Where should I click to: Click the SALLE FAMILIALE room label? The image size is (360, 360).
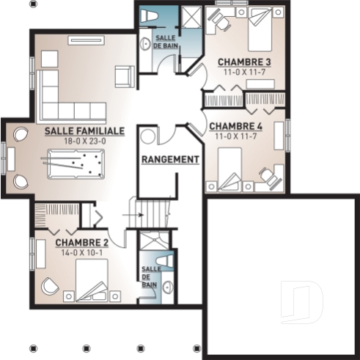pos(84,131)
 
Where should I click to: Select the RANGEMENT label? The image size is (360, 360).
pos(170,159)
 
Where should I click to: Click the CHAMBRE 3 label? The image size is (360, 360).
pos(244,63)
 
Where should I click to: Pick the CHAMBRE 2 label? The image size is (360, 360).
pos(82,243)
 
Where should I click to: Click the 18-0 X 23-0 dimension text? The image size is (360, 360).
pos(84,141)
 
